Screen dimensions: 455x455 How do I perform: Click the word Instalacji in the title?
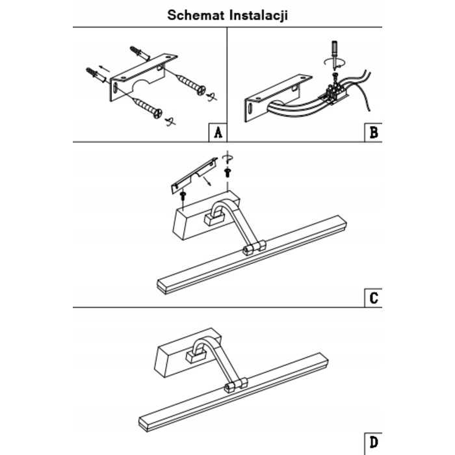point(259,15)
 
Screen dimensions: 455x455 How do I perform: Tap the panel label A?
point(218,133)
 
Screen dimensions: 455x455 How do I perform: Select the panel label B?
point(374,133)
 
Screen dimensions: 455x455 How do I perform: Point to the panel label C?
point(374,298)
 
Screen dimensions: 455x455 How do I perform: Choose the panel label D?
point(374,443)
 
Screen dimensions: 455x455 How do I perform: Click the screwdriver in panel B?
point(335,55)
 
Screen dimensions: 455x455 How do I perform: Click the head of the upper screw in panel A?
point(201,90)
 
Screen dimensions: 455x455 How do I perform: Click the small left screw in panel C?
point(183,195)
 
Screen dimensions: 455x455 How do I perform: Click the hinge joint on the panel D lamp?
point(235,385)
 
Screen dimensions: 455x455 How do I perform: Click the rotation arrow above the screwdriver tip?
point(335,62)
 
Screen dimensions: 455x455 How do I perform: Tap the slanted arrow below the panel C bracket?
point(207,181)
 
